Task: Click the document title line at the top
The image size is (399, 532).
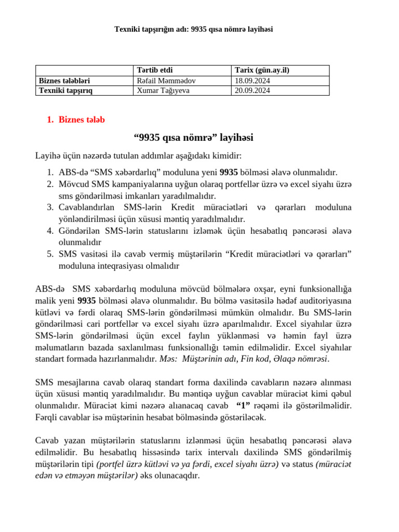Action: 193,30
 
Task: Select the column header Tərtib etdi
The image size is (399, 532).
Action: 154,71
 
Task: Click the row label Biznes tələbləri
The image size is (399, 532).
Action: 68,81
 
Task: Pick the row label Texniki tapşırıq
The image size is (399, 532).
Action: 70,90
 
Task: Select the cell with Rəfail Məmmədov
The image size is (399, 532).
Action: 166,81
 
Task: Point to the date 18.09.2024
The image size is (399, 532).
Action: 252,81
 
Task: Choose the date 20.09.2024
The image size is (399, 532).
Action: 252,90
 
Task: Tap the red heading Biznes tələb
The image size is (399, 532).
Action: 82,120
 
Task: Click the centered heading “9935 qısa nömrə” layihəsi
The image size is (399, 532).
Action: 193,138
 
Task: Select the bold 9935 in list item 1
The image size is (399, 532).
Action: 229,172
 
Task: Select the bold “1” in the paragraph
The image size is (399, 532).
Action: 245,405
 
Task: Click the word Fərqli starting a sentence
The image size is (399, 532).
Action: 47,417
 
